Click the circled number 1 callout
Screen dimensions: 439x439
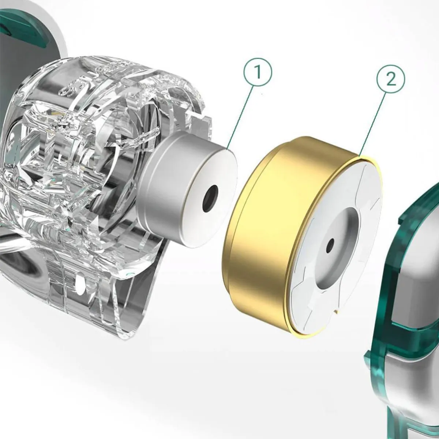coord(258,72)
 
